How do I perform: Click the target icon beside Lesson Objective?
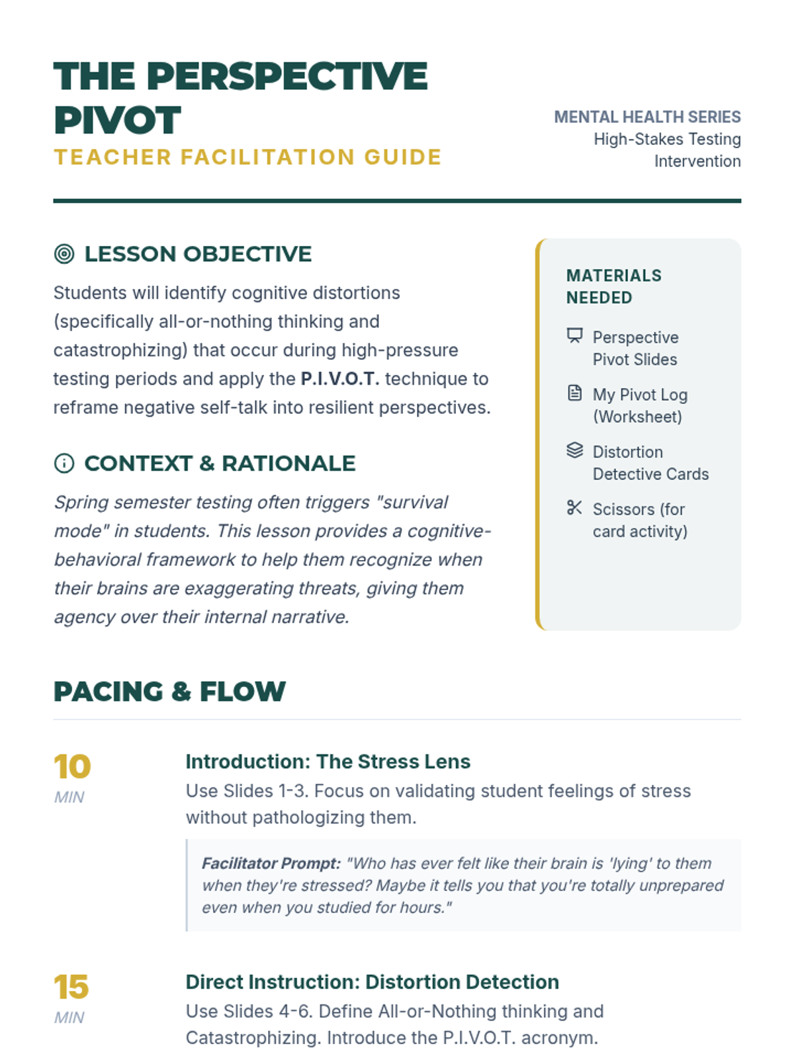[64, 254]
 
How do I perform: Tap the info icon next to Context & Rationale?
[64, 464]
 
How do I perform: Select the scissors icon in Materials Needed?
[574, 508]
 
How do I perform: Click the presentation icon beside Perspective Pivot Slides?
[574, 336]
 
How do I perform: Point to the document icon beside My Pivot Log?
[574, 393]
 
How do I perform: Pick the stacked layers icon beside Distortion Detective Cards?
[574, 450]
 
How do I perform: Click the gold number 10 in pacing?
[72, 767]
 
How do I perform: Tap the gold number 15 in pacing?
[71, 987]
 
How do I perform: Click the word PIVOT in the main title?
[117, 120]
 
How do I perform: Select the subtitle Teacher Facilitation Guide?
[247, 157]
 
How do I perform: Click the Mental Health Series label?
[647, 117]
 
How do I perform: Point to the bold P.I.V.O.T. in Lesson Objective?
[340, 379]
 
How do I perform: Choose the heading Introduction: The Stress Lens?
[328, 762]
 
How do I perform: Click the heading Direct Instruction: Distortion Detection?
[372, 982]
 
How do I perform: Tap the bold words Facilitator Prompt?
[271, 864]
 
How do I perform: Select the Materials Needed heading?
[613, 286]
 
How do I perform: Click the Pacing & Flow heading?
[169, 692]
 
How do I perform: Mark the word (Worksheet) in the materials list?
[637, 417]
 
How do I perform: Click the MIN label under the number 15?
[69, 1018]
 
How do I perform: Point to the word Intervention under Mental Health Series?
[697, 161]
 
